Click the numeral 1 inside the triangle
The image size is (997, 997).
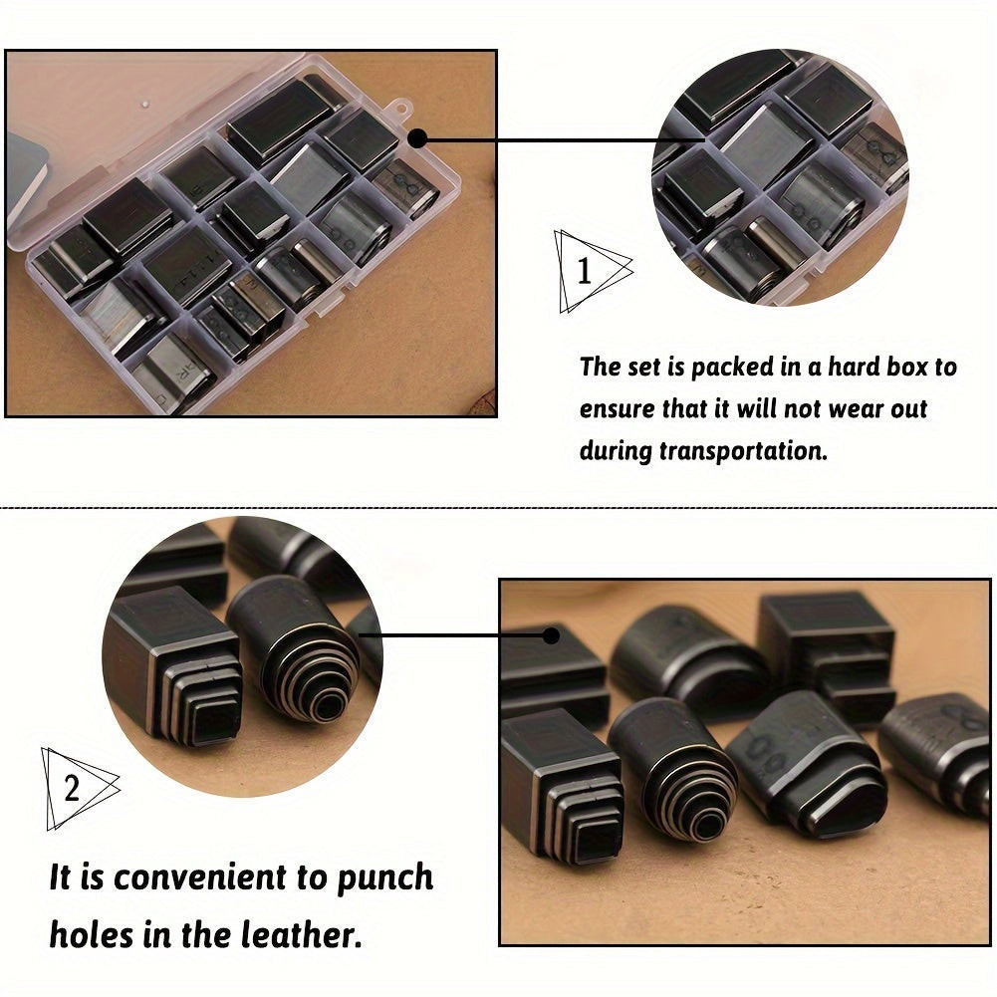(584, 272)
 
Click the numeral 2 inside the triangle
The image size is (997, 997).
(72, 789)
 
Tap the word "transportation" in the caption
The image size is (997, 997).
(743, 451)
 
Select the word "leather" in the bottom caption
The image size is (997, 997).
(302, 934)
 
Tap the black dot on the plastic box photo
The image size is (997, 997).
(417, 138)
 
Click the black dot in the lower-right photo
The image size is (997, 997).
(551, 635)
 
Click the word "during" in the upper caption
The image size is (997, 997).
(616, 451)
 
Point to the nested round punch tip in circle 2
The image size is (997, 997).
(311, 683)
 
